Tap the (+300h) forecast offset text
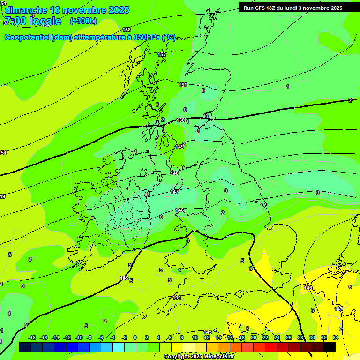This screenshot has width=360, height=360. tap(83, 21)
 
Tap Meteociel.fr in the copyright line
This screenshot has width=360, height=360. tap(217, 357)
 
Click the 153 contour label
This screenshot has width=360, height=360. tap(127, 30)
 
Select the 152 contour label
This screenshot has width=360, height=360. tap(162, 54)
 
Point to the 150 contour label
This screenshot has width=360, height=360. tap(180, 120)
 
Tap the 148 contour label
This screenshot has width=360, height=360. tap(175, 173)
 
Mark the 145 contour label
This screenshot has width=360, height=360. tap(124, 278)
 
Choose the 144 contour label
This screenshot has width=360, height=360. tap(177, 297)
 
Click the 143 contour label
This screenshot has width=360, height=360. tap(208, 331)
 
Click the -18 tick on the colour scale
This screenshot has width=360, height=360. tap(32, 337)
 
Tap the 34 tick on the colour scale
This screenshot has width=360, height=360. tap(336, 337)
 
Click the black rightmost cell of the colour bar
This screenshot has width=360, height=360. tap(330, 347)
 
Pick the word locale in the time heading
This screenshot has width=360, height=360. tap(45, 21)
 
